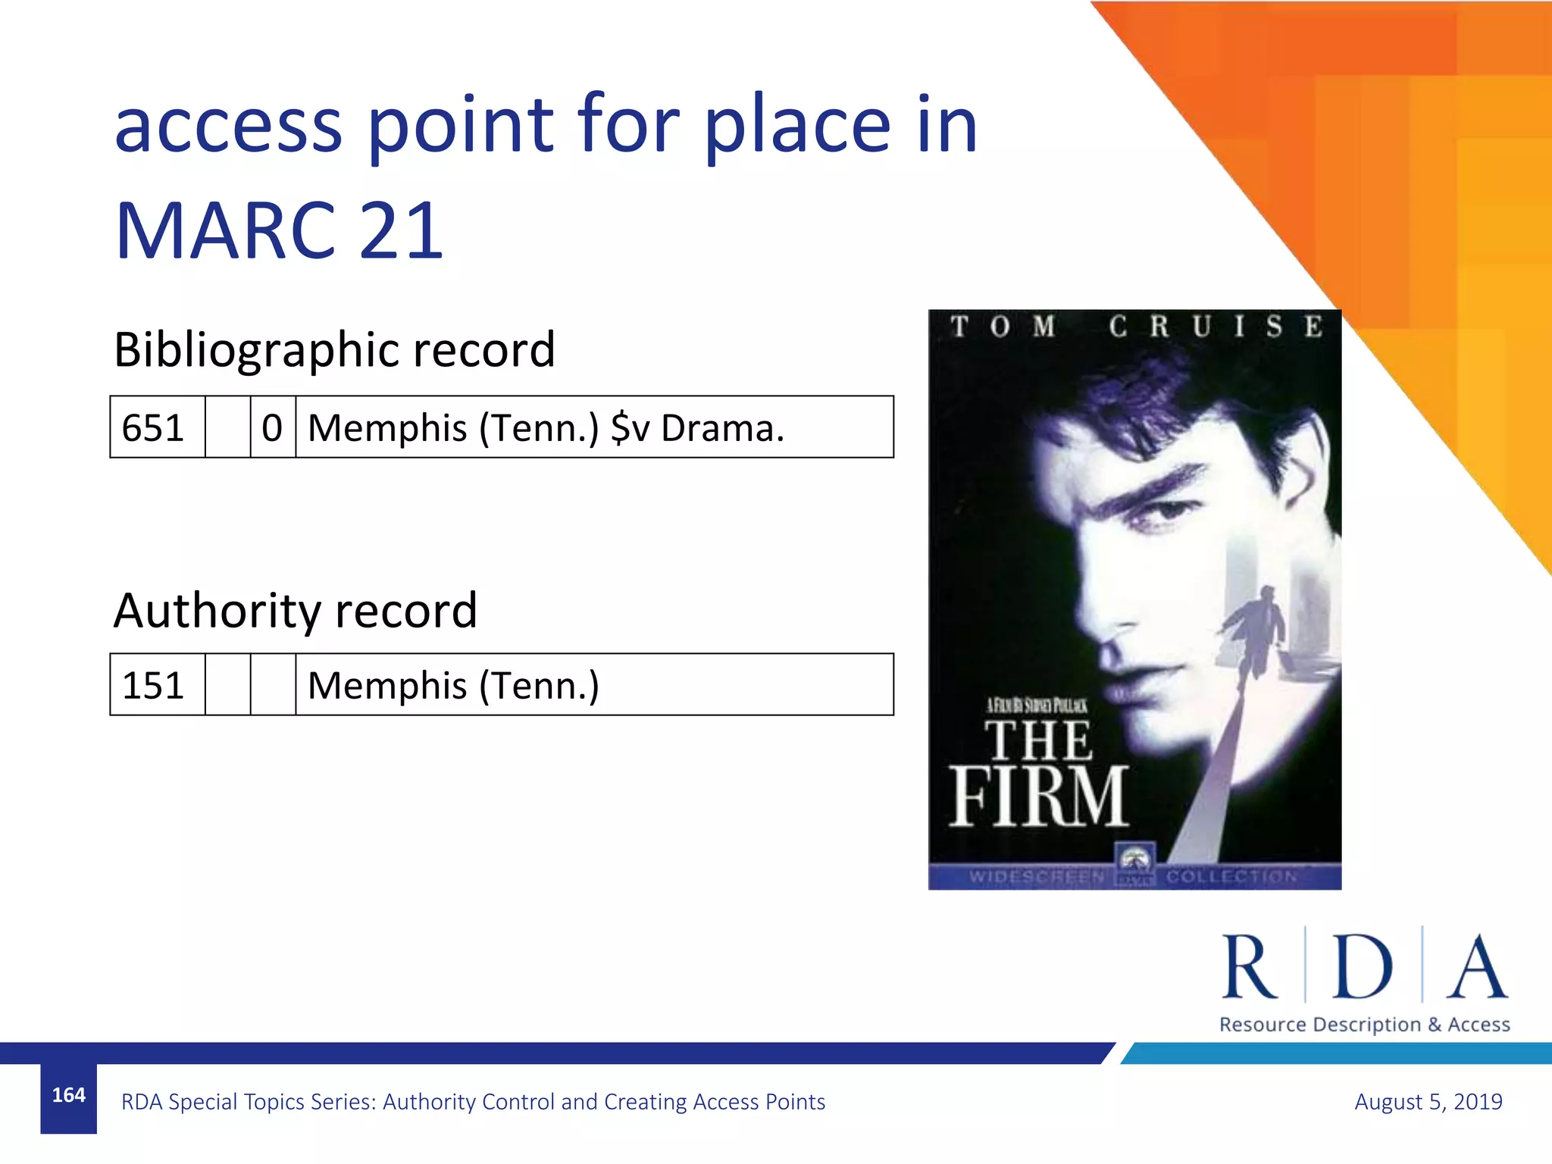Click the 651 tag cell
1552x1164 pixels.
(x=154, y=427)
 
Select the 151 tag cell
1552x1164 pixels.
(x=154, y=685)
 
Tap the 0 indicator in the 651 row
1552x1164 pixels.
(x=272, y=427)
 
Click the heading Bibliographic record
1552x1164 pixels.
(x=334, y=349)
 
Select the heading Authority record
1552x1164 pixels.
(x=296, y=611)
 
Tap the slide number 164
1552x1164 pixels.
(x=68, y=1095)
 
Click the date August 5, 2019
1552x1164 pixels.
(x=1428, y=1101)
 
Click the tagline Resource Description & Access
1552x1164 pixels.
(x=1364, y=1025)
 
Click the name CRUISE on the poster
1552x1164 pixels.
(x=1216, y=327)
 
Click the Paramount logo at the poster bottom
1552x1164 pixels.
(x=1134, y=864)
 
